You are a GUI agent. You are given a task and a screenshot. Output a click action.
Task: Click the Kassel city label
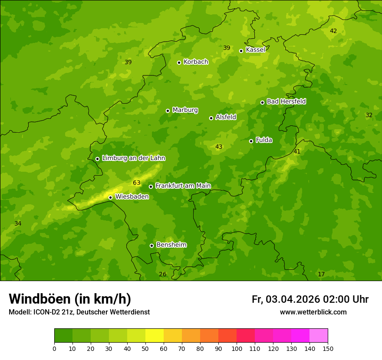255,50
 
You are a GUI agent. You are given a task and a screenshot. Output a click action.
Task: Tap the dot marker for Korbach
179,62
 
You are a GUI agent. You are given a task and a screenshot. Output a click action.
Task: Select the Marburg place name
185,110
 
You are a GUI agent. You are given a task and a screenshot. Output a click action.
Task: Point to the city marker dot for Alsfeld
211,118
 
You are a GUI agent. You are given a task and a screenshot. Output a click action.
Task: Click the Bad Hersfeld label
286,101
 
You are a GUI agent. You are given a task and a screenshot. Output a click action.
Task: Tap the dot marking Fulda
251,141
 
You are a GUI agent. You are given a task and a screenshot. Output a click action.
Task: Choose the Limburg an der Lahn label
133,158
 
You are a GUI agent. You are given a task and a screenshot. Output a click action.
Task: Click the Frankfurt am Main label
183,186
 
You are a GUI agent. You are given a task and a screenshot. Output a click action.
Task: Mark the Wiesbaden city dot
110,197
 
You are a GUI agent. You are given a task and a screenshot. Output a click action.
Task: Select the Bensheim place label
171,245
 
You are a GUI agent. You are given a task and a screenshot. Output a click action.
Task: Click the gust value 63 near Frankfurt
137,183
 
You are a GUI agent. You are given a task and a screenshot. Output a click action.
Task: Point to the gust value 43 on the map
219,147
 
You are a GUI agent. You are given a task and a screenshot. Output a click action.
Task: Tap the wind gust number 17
321,275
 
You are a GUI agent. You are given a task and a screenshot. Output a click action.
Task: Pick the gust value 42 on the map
333,31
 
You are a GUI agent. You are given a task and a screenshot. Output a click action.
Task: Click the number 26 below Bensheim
162,275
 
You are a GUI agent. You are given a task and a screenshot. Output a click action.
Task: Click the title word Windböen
40,299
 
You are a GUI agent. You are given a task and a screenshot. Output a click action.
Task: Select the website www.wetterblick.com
313,312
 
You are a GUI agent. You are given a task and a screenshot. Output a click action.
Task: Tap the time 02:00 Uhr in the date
346,299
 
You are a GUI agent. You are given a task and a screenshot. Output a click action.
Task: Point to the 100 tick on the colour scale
237,348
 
